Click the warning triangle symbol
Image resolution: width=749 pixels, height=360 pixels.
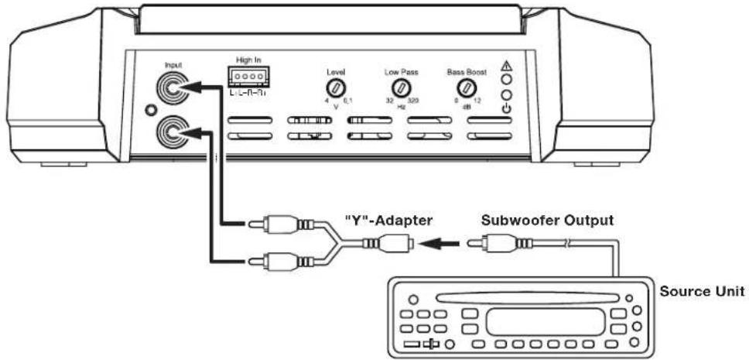click(x=505, y=66)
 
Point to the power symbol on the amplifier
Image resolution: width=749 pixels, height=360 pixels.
click(x=505, y=108)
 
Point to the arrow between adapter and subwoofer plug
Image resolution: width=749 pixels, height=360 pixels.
click(x=439, y=244)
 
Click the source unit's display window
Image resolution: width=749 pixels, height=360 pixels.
click(x=544, y=320)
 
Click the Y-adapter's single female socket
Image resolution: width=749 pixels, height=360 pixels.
click(x=395, y=244)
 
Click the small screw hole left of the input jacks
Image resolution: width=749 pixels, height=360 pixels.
click(x=141, y=110)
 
